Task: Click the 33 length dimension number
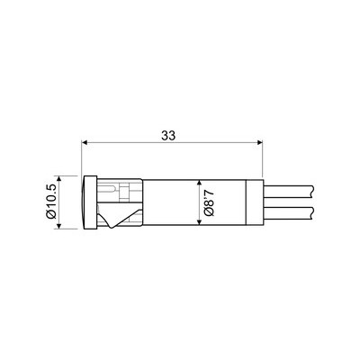coord(168,136)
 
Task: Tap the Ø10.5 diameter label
coord(50,202)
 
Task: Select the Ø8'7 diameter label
coord(210,202)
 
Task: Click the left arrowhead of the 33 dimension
coord(85,142)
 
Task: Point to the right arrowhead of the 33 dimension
coord(260,142)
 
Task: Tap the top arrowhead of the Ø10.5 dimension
coord(58,179)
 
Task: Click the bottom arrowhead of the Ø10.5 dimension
coord(58,226)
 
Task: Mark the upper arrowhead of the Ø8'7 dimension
coord(198,183)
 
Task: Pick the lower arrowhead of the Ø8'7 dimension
coord(198,222)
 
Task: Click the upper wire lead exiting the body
coord(289,192)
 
